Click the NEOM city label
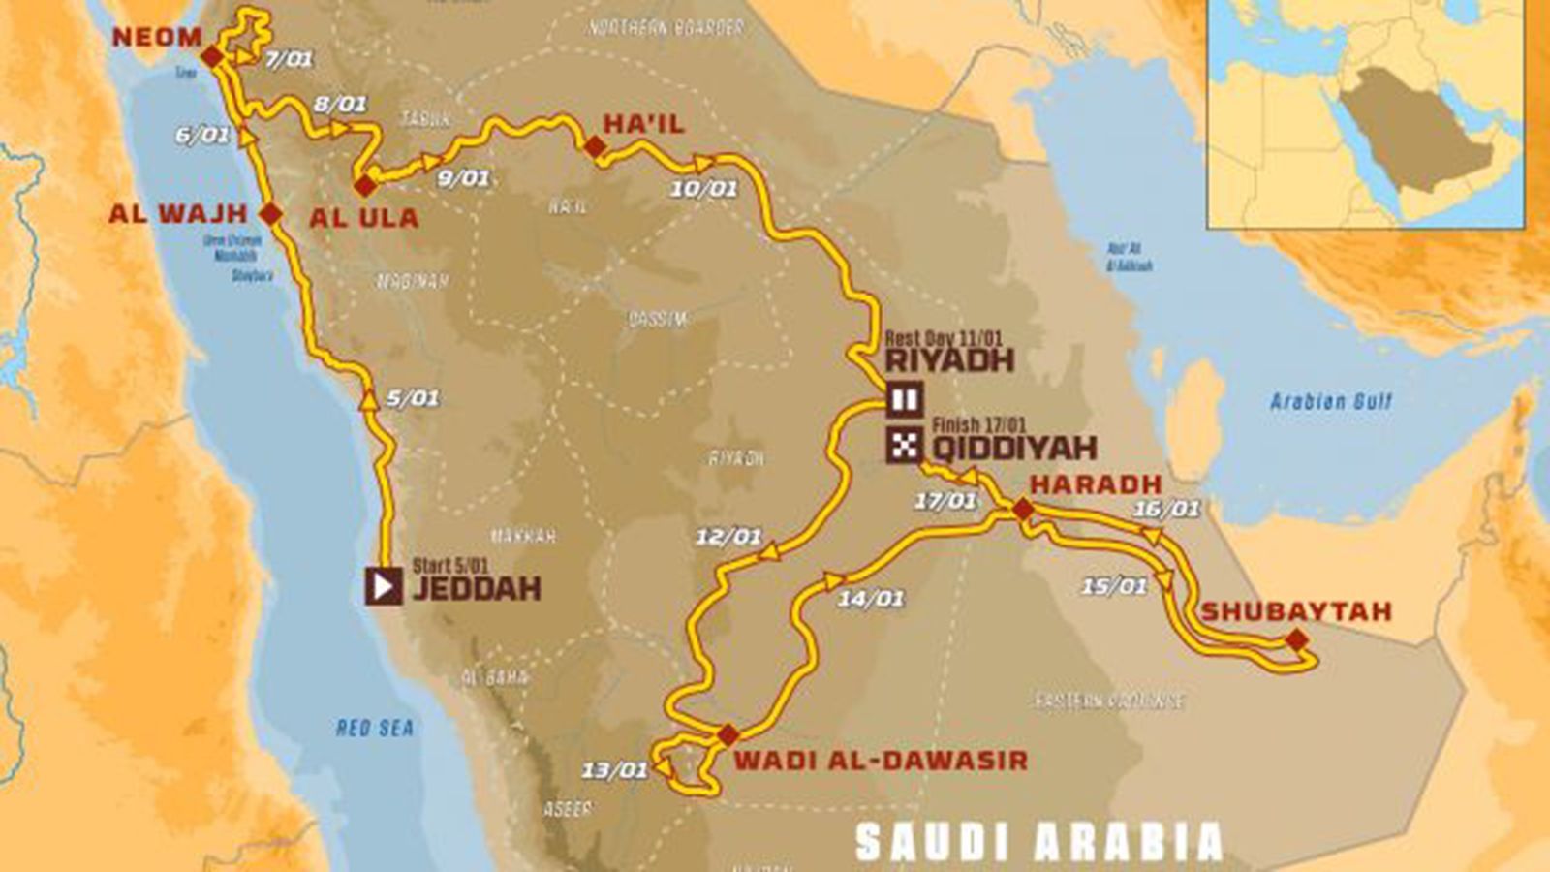tap(157, 38)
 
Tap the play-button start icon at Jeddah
tap(384, 586)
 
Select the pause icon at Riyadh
tap(905, 399)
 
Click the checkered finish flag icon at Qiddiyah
tap(905, 446)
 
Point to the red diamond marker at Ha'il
tap(594, 146)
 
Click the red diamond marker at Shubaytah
tap(1295, 639)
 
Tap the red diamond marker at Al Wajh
tap(271, 214)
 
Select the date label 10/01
tap(704, 188)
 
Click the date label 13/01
tap(614, 770)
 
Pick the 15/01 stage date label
tap(1114, 585)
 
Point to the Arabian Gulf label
tap(1331, 401)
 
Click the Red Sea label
tap(375, 728)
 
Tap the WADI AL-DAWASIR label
tap(880, 760)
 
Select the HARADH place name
tap(1096, 483)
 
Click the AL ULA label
tap(364, 218)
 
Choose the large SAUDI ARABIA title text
tap(1039, 842)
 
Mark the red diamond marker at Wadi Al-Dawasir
tap(728, 735)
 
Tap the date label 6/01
tap(202, 135)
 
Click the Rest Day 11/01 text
tap(944, 339)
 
